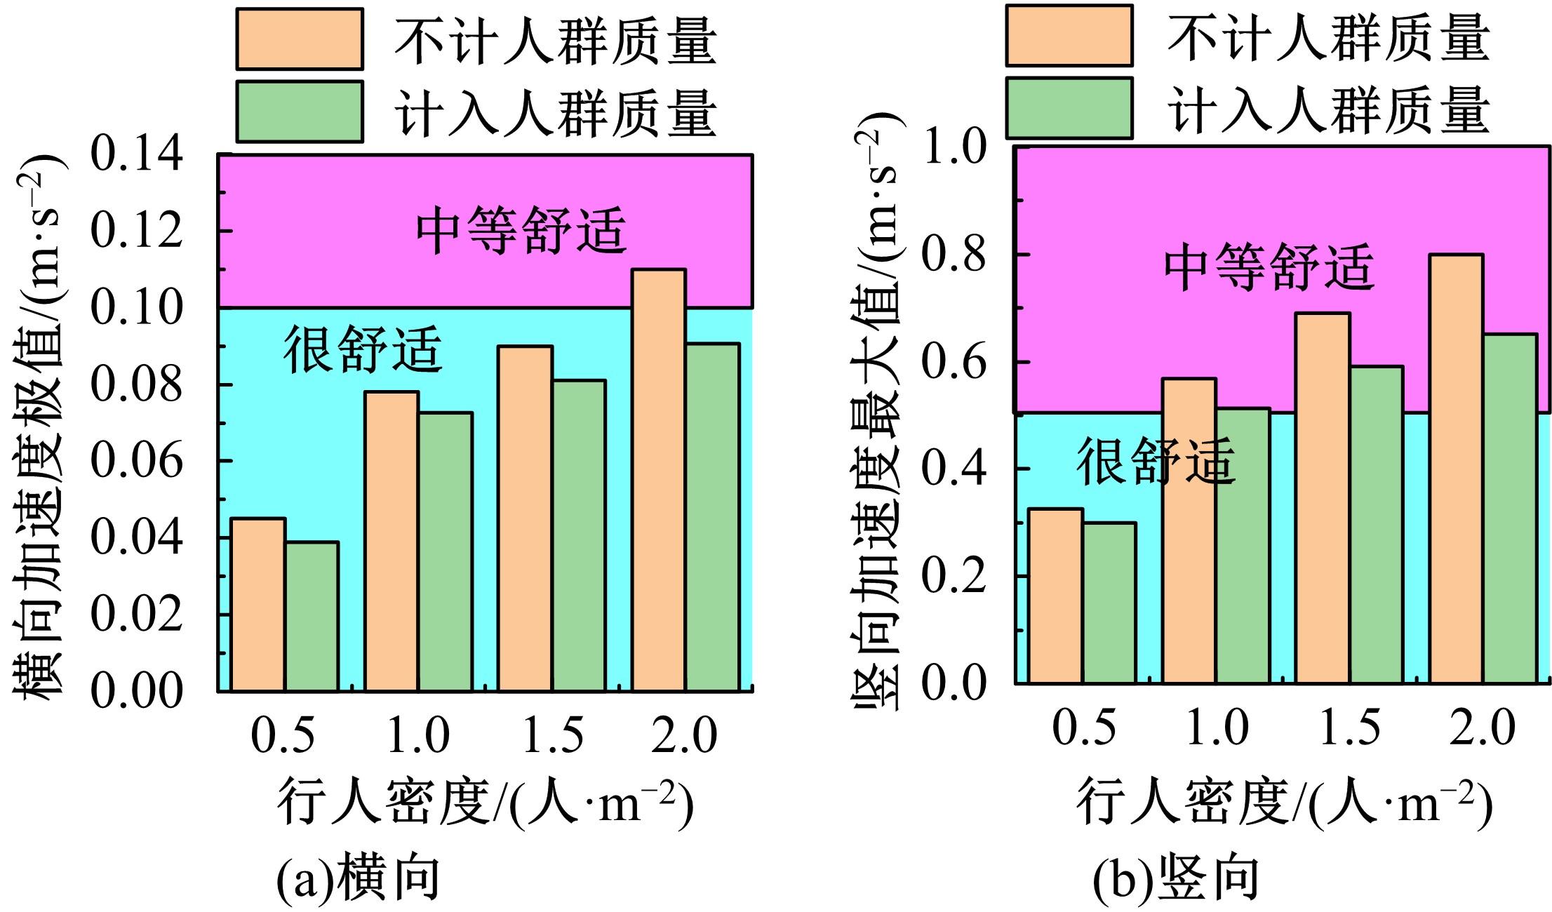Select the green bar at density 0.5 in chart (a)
[x=312, y=617]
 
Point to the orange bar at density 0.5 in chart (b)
[x=1055, y=596]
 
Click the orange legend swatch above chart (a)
[x=300, y=39]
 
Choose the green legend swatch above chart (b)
[x=1069, y=108]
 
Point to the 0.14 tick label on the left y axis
[x=137, y=154]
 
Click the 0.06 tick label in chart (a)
[x=137, y=461]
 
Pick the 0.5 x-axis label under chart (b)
[x=1083, y=727]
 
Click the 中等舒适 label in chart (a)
[x=521, y=231]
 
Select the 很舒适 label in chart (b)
[x=1156, y=461]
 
